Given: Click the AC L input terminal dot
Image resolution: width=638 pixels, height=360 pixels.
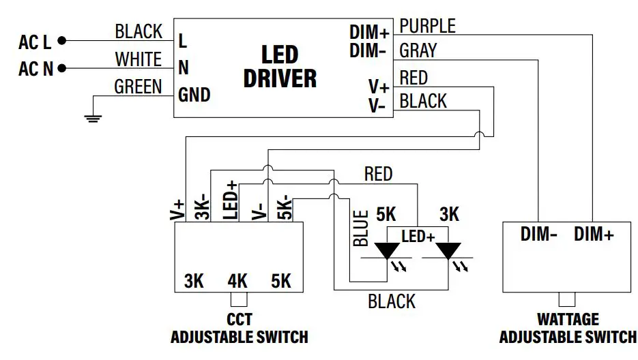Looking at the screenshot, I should (x=63, y=41).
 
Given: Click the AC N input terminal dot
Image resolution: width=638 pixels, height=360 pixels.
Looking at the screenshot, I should (x=63, y=68).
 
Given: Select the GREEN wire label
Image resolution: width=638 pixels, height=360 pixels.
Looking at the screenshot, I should (x=138, y=87).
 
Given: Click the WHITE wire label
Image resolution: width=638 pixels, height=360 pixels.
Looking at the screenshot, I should (x=139, y=59).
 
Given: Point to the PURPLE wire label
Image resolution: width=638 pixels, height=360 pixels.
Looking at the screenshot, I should (x=427, y=26).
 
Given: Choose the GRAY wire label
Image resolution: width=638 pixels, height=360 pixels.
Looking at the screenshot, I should (x=418, y=50).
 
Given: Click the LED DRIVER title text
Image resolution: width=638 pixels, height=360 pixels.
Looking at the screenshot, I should (x=280, y=67).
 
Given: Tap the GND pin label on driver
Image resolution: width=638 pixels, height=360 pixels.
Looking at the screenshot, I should (x=194, y=94).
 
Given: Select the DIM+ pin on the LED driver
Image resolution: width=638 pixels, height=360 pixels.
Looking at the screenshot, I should (x=370, y=32).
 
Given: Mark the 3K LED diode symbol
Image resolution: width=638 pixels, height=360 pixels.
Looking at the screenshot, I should (x=448, y=252).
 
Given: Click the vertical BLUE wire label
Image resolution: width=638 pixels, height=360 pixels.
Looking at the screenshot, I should (x=361, y=228).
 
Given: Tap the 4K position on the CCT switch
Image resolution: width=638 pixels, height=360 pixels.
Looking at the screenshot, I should (x=237, y=281).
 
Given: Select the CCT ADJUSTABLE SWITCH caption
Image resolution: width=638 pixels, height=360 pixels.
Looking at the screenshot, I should (x=239, y=329).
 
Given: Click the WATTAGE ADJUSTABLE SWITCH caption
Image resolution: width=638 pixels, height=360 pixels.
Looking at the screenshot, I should (x=568, y=329).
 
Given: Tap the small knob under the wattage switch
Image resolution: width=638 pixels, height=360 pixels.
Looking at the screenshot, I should (x=567, y=298).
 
